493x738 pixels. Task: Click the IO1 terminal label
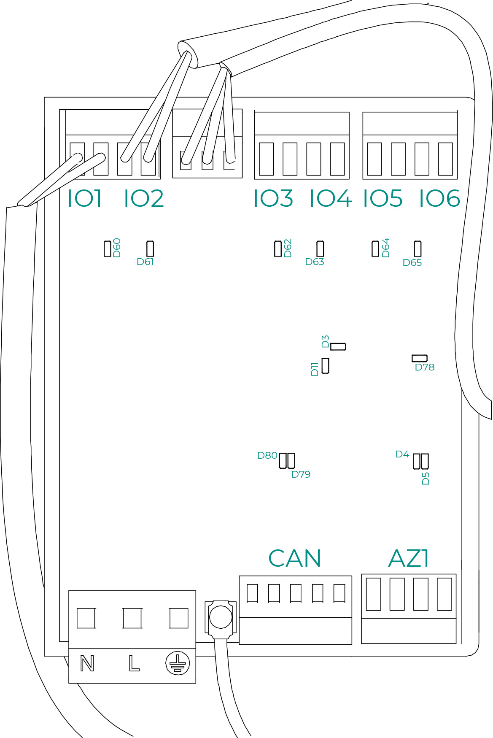[x=85, y=198]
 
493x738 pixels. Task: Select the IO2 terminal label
[x=144, y=198]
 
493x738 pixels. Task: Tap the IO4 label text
[x=331, y=198]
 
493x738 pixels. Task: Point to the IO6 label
[x=439, y=198]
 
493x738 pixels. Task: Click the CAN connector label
[x=295, y=559]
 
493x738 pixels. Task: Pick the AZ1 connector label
[x=408, y=559]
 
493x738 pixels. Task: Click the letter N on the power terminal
[x=87, y=664]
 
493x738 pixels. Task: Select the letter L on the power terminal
[x=134, y=664]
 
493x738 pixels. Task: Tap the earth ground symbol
[x=178, y=663]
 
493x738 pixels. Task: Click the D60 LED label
[x=117, y=248]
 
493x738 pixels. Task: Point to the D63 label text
[x=315, y=262]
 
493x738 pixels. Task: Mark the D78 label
[x=425, y=368]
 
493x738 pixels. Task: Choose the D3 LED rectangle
[x=338, y=346]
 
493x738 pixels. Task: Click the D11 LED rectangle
[x=325, y=365]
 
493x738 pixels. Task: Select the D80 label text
[x=267, y=456]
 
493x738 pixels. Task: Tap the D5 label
[x=426, y=478]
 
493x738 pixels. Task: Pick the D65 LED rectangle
[x=418, y=249]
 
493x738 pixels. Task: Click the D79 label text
[x=301, y=475]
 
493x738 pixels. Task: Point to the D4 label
[x=402, y=454]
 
